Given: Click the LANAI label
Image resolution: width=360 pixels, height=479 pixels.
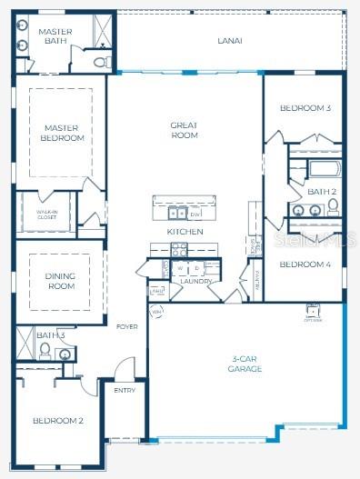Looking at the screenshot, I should tap(229, 41).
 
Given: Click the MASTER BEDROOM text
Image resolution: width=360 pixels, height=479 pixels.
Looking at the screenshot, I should tap(63, 134).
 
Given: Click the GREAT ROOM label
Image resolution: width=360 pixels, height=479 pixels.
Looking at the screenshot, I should tap(185, 131).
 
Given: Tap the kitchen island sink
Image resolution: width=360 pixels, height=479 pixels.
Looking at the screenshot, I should tap(177, 214).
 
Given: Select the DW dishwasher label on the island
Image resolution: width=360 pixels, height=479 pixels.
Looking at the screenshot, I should tap(195, 214).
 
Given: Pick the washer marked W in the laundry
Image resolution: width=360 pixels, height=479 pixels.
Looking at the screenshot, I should tap(180, 269).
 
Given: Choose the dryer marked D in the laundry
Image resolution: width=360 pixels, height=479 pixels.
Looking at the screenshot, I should tap(195, 269).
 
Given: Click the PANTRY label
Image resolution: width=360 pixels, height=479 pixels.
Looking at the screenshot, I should tap(257, 274).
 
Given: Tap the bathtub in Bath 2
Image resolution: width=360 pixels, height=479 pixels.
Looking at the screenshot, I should tap(323, 169).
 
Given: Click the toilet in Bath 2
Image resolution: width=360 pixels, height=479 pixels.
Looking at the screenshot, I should tap(333, 206).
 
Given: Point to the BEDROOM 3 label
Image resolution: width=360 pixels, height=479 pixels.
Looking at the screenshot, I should tap(305, 108).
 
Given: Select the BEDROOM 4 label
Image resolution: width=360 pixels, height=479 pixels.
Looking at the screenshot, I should tap(304, 264).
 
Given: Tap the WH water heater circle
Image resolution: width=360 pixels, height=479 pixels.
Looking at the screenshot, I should tap(156, 312).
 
